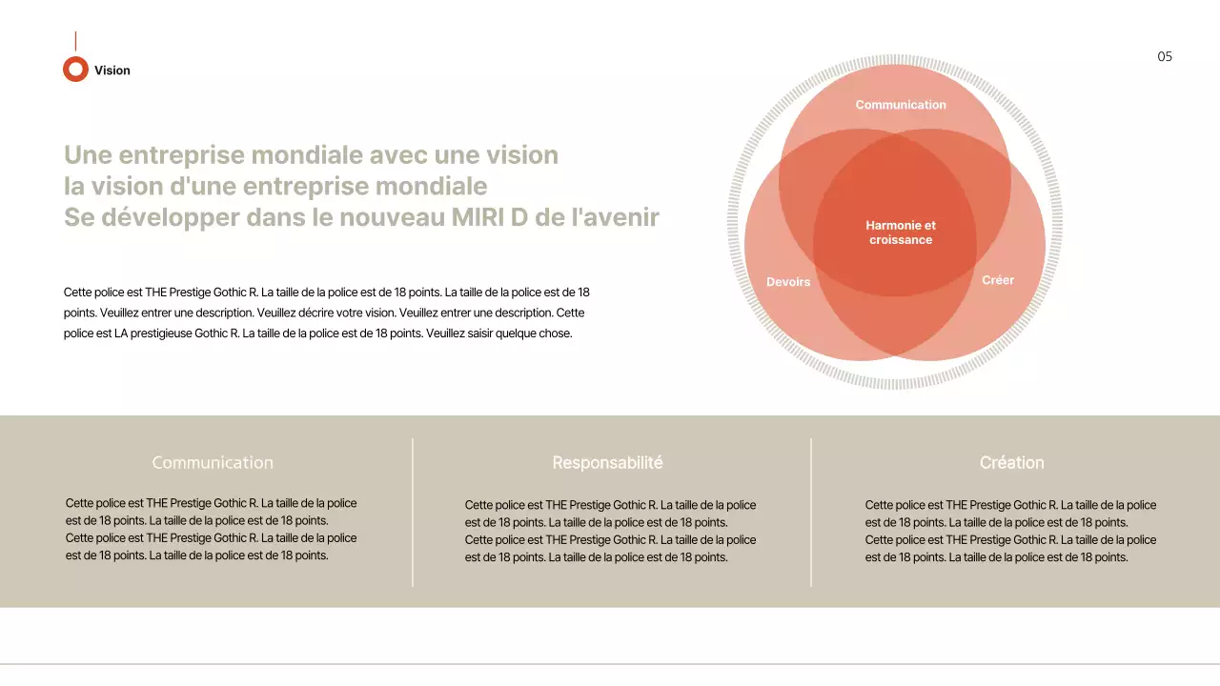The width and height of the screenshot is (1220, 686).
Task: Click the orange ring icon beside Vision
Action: (75, 70)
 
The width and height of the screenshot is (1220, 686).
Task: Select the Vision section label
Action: (112, 71)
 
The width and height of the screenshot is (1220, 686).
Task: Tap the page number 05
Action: (1165, 56)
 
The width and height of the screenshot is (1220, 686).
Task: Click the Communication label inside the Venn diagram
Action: (901, 105)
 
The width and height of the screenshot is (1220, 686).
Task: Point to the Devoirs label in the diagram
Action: (788, 282)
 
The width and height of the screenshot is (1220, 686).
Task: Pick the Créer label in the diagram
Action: (998, 280)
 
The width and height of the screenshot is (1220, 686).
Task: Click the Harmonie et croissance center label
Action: (901, 232)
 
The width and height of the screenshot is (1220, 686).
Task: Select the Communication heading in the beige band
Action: (213, 462)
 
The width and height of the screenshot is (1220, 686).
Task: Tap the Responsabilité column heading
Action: (607, 462)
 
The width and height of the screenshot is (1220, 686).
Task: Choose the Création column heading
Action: (1011, 462)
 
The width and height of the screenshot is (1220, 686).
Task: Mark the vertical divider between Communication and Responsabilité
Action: (413, 512)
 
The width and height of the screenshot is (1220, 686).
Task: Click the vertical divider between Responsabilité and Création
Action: (811, 512)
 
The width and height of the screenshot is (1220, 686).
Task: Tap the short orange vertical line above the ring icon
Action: (75, 41)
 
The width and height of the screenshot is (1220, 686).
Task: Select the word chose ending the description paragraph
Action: (555, 333)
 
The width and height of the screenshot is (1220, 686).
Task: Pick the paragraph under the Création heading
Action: (1010, 531)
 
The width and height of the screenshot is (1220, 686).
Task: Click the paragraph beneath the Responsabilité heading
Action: (610, 531)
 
